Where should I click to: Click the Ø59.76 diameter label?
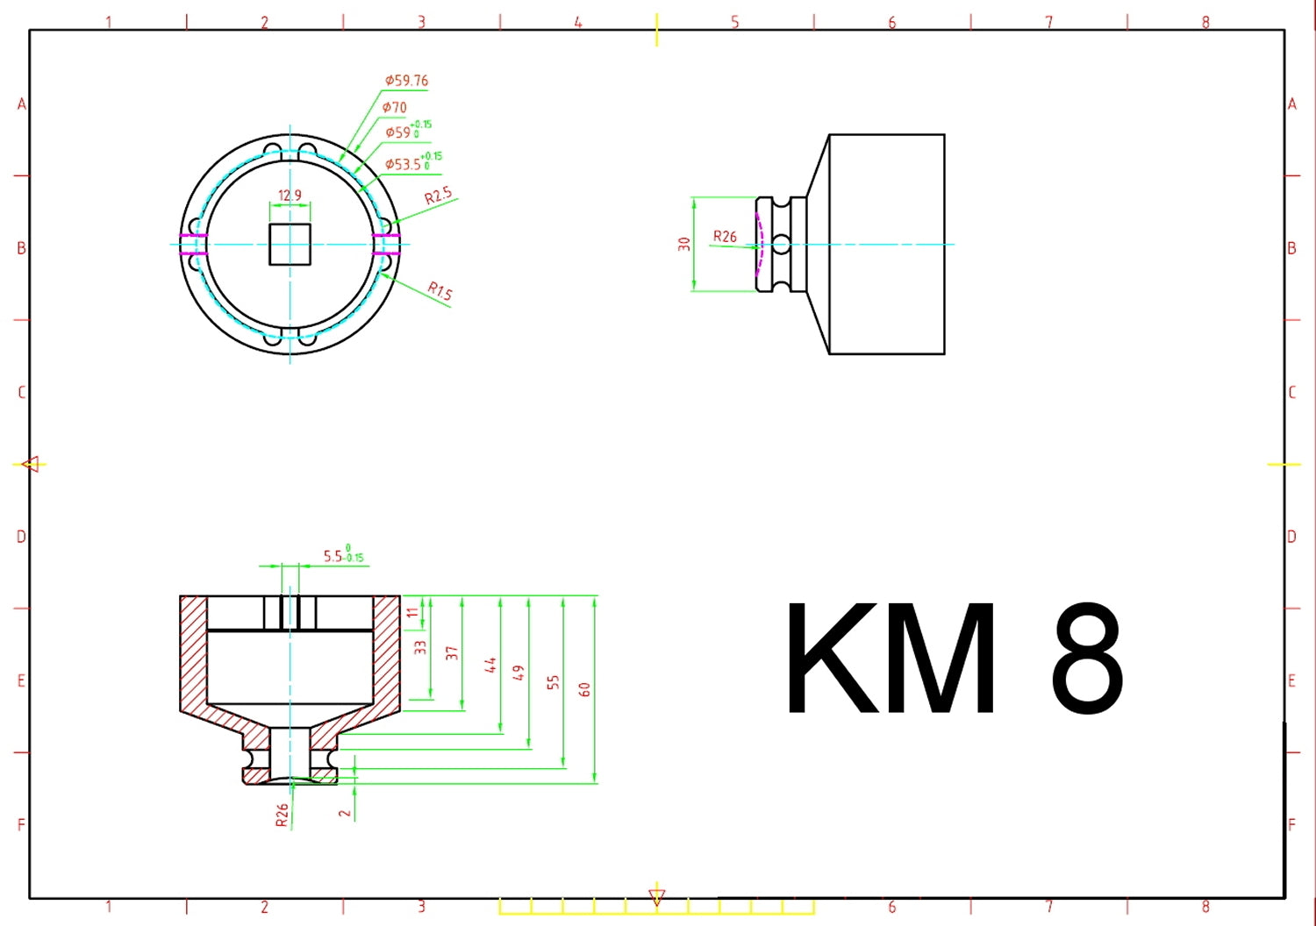click(406, 81)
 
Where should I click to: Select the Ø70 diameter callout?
click(395, 107)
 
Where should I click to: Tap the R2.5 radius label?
click(438, 196)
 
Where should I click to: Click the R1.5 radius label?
click(440, 290)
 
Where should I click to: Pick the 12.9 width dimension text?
click(290, 196)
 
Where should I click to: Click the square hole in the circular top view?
click(290, 244)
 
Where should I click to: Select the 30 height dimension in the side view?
click(684, 244)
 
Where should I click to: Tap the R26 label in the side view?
click(725, 237)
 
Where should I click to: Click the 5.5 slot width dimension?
click(342, 556)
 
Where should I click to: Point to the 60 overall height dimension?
click(585, 689)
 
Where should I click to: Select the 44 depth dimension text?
click(490, 665)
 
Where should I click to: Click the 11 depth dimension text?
click(412, 612)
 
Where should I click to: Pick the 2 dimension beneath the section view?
click(345, 813)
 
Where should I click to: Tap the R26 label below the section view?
click(282, 816)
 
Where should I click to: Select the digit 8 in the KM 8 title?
click(1086, 659)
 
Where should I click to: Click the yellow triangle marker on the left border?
click(32, 464)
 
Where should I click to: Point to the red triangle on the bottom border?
click(656, 897)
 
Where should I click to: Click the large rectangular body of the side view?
click(886, 244)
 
